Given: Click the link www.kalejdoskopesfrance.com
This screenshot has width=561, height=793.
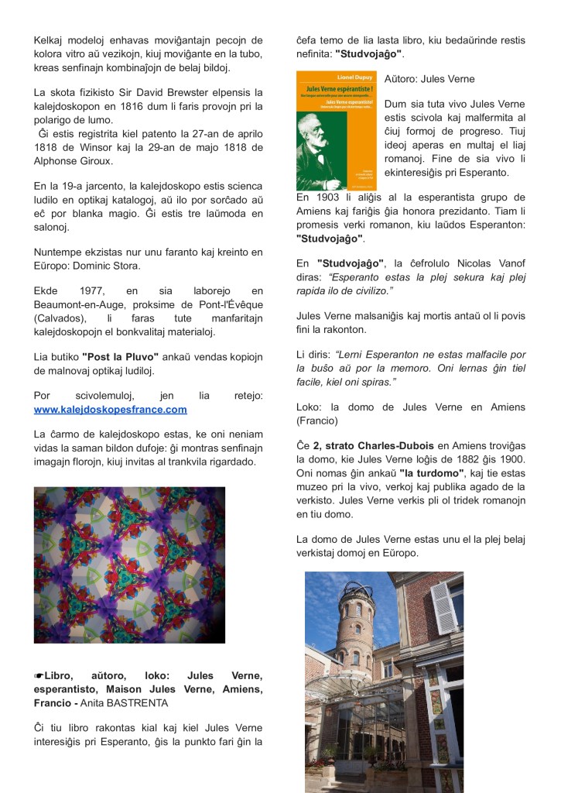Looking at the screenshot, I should click(x=110, y=409).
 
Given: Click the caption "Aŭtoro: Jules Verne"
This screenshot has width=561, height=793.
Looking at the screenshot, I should click(x=429, y=79).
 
